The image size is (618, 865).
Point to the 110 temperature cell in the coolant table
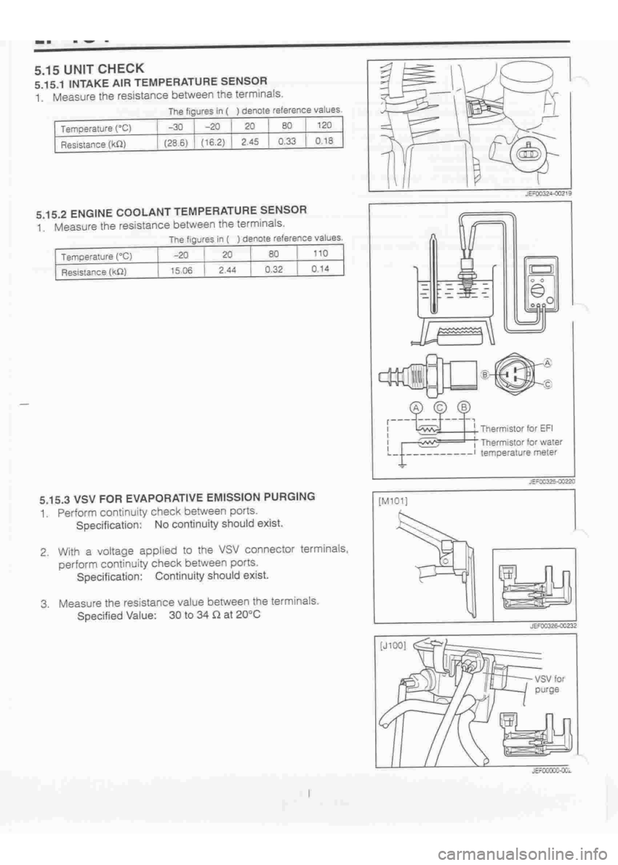click(320, 254)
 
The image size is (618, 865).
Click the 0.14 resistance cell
click(320, 270)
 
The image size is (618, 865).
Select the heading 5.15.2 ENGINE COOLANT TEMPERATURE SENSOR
click(173, 210)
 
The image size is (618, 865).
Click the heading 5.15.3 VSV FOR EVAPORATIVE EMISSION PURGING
click(177, 497)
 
